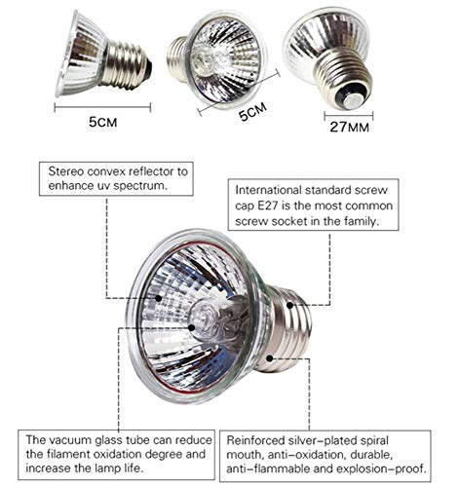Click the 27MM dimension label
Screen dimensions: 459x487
(x=350, y=127)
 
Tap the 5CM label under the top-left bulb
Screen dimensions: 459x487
(x=103, y=122)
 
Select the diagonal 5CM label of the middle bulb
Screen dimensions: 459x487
(x=252, y=111)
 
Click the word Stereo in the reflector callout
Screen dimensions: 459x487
(x=66, y=171)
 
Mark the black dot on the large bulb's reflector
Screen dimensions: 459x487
(x=159, y=298)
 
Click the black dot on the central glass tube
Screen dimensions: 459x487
(x=192, y=327)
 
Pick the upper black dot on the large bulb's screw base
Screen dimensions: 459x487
(x=289, y=305)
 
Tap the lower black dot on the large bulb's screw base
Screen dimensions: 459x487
(x=269, y=358)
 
